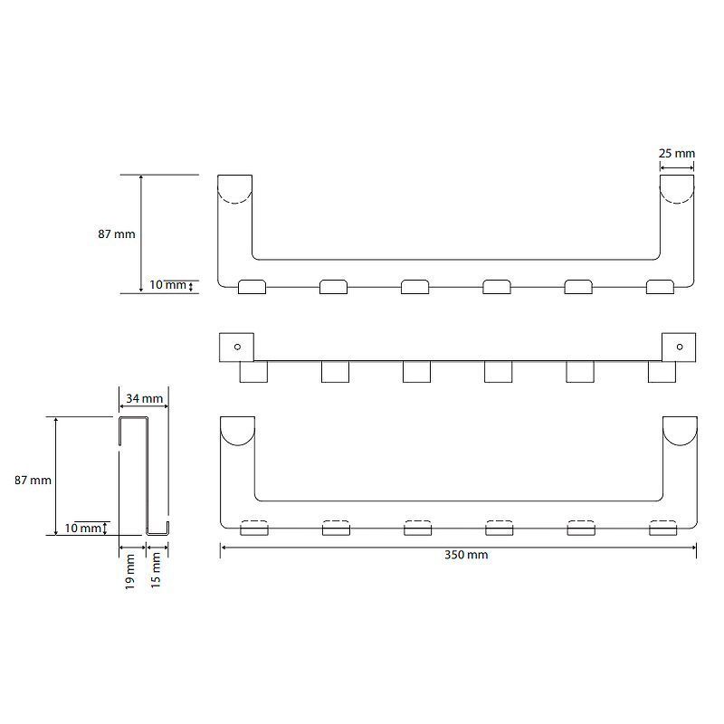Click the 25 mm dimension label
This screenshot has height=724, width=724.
click(676, 153)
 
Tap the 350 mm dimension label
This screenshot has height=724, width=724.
click(466, 555)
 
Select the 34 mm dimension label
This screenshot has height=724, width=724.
click(144, 398)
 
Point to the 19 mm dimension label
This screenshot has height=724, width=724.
click(129, 572)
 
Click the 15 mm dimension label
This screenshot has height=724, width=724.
click(156, 570)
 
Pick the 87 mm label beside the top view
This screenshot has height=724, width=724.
click(117, 234)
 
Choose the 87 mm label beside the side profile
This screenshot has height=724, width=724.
click(33, 481)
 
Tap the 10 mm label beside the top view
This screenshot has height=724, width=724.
click(167, 284)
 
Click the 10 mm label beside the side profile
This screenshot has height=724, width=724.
click(82, 528)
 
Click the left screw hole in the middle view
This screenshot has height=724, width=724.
click(237, 347)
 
